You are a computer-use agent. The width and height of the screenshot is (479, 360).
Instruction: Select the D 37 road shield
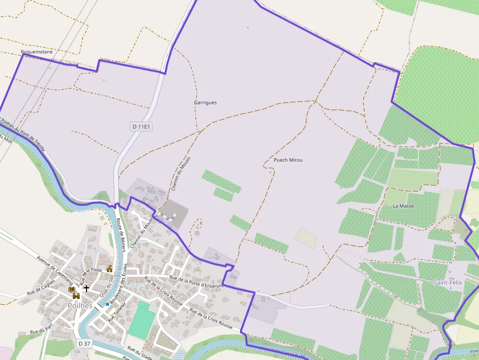[x=85, y=343]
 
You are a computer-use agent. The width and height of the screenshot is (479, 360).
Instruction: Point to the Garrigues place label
[x=205, y=103]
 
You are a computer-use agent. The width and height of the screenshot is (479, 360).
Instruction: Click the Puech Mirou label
[x=288, y=160]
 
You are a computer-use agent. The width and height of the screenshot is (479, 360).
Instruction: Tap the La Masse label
[x=403, y=206]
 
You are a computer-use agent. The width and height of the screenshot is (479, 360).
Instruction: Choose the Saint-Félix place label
[x=448, y=282]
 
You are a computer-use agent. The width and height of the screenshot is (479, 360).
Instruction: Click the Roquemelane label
[x=37, y=51]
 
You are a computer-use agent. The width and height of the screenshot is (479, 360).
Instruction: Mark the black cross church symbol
[x=87, y=289]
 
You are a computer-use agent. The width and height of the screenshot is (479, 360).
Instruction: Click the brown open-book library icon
[x=73, y=289]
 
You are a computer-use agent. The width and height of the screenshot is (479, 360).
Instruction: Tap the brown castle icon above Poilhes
[x=76, y=296]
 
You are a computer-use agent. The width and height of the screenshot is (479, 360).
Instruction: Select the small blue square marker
[x=108, y=304]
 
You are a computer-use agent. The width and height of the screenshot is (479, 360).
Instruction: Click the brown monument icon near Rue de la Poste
[x=109, y=268]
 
